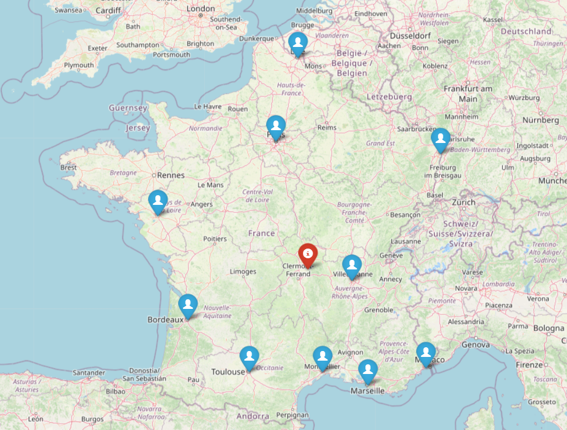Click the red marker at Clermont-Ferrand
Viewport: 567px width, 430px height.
tap(308, 254)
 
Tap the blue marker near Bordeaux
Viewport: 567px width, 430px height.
tap(188, 305)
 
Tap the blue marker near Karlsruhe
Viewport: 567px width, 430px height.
tap(440, 139)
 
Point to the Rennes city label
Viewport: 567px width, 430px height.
tap(171, 175)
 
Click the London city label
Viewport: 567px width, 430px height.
tap(201, 9)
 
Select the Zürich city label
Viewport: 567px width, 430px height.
tap(463, 202)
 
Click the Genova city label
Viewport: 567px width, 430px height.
tap(476, 345)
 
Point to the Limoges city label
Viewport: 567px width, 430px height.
tap(243, 272)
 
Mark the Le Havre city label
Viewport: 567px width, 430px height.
tap(207, 106)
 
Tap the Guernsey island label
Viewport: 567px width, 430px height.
tap(128, 108)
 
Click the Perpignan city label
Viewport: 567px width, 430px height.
tap(292, 415)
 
